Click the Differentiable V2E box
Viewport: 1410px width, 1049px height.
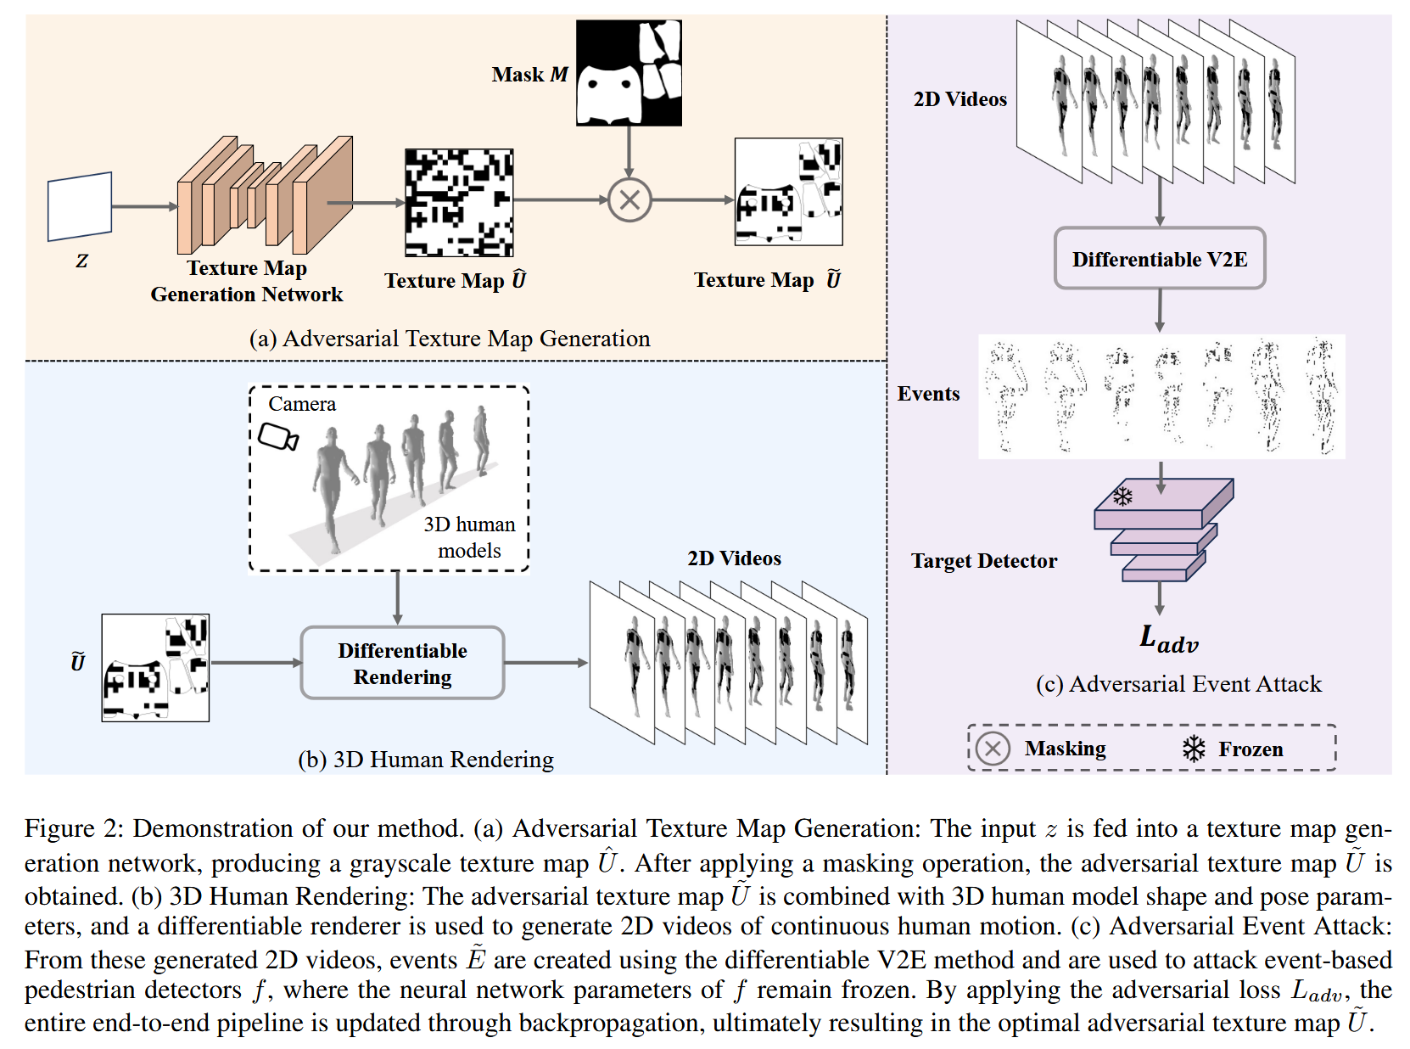pyautogui.click(x=1159, y=259)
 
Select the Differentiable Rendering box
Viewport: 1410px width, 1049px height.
pyautogui.click(x=402, y=663)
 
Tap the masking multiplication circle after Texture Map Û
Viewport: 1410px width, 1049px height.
pyautogui.click(x=629, y=200)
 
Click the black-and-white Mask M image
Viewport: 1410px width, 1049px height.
pyautogui.click(x=629, y=73)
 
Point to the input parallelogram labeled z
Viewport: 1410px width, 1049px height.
pyautogui.click(x=80, y=206)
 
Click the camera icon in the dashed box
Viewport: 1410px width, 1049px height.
pyautogui.click(x=278, y=437)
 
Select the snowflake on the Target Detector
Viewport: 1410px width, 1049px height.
pyautogui.click(x=1122, y=496)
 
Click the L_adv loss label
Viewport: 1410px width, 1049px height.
pyautogui.click(x=1168, y=638)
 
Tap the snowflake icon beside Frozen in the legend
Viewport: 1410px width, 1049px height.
pyautogui.click(x=1194, y=749)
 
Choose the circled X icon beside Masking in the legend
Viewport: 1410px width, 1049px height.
pyautogui.click(x=993, y=749)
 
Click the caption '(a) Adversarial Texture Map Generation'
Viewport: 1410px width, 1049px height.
pyautogui.click(x=450, y=339)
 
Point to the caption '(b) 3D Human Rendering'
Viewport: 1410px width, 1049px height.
pyautogui.click(x=426, y=759)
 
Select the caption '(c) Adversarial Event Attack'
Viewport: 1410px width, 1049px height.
pyautogui.click(x=1178, y=684)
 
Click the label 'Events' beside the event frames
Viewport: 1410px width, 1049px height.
pyautogui.click(x=928, y=394)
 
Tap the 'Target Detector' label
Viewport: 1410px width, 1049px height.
pyautogui.click(x=984, y=561)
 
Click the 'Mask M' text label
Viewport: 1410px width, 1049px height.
pyautogui.click(x=529, y=75)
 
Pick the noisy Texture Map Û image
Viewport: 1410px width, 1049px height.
pyautogui.click(x=459, y=203)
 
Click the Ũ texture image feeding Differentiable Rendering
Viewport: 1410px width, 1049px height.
pyautogui.click(x=155, y=668)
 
